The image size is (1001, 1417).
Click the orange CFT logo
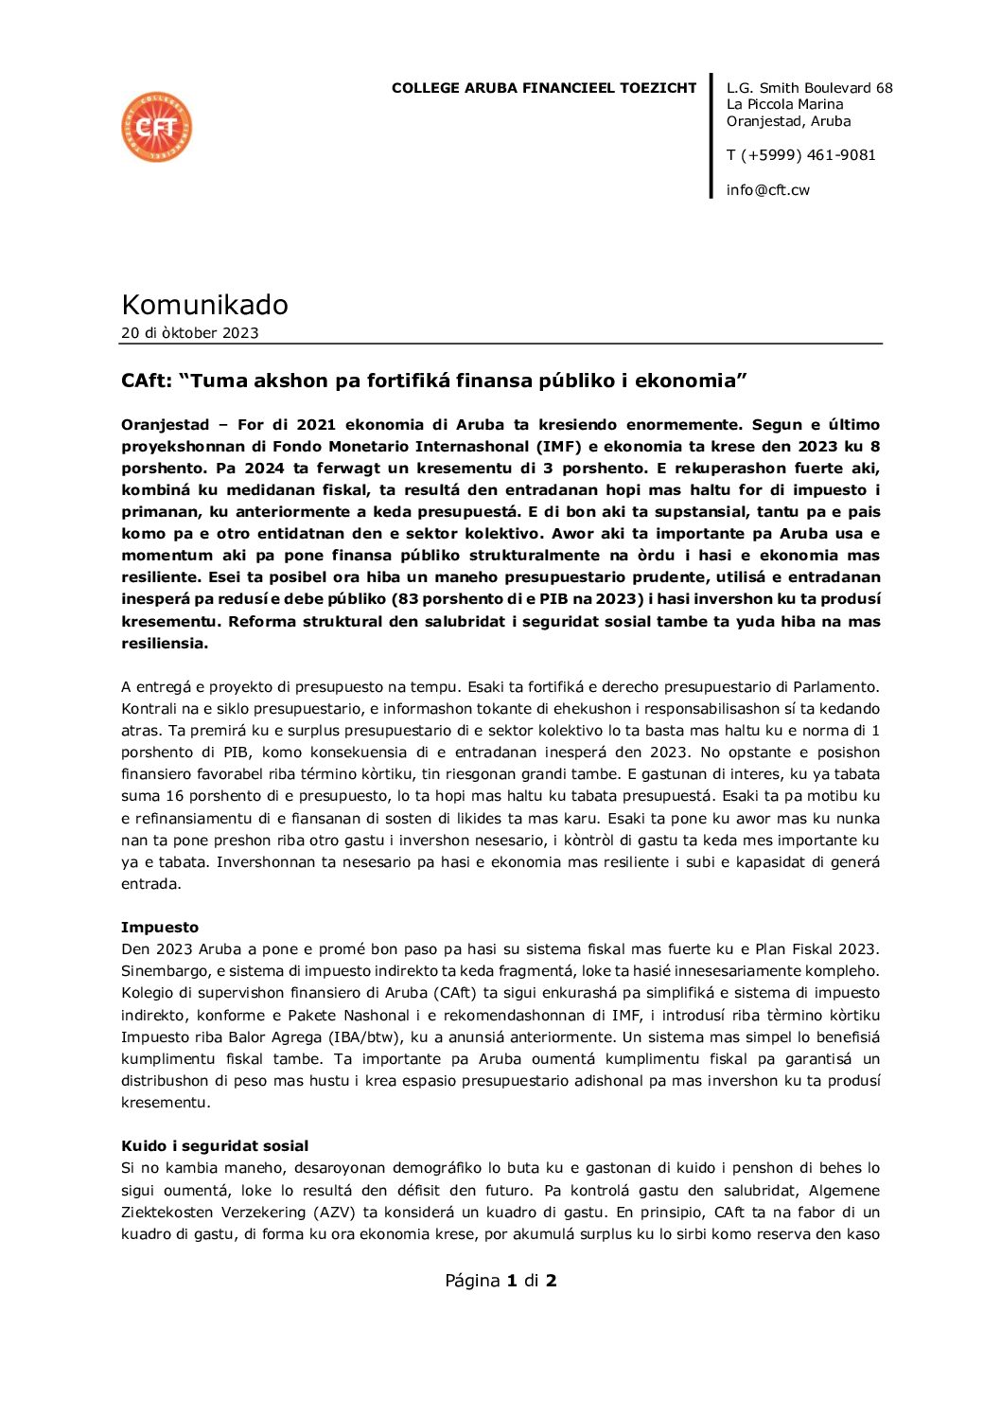click(x=156, y=127)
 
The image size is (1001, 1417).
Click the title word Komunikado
click(x=204, y=305)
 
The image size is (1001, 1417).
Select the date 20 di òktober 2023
click(x=189, y=333)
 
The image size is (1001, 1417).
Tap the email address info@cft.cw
click(x=767, y=190)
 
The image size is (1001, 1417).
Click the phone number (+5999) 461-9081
click(x=808, y=155)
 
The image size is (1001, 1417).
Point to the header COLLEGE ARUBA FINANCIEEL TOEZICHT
click(x=543, y=88)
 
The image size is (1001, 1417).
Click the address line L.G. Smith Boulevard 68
click(x=809, y=88)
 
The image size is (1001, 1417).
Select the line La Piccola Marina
click(x=784, y=104)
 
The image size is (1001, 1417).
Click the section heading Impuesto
click(x=159, y=928)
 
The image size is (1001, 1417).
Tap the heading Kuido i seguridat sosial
click(x=215, y=1146)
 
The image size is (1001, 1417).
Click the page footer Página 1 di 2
click(x=500, y=1281)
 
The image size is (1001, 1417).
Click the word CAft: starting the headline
click(x=146, y=381)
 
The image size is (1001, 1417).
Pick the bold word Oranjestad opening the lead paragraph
click(x=165, y=425)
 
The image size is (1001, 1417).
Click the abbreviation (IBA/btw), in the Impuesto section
click(x=283, y=1037)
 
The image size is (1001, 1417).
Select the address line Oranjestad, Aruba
click(x=788, y=121)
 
